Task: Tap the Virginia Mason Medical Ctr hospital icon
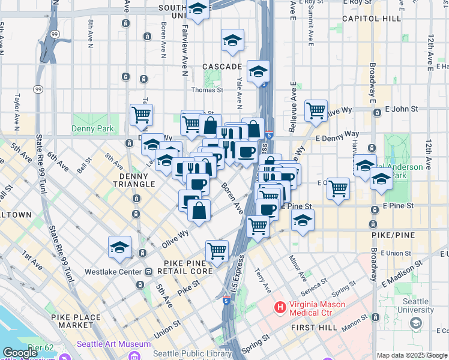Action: click(280, 308)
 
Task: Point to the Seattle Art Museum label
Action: click(113, 344)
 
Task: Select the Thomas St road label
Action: click(207, 90)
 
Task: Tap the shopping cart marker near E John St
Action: click(316, 110)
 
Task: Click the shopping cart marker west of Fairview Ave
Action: click(141, 114)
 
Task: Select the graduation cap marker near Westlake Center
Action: click(119, 247)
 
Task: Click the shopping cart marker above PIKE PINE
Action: click(217, 250)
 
